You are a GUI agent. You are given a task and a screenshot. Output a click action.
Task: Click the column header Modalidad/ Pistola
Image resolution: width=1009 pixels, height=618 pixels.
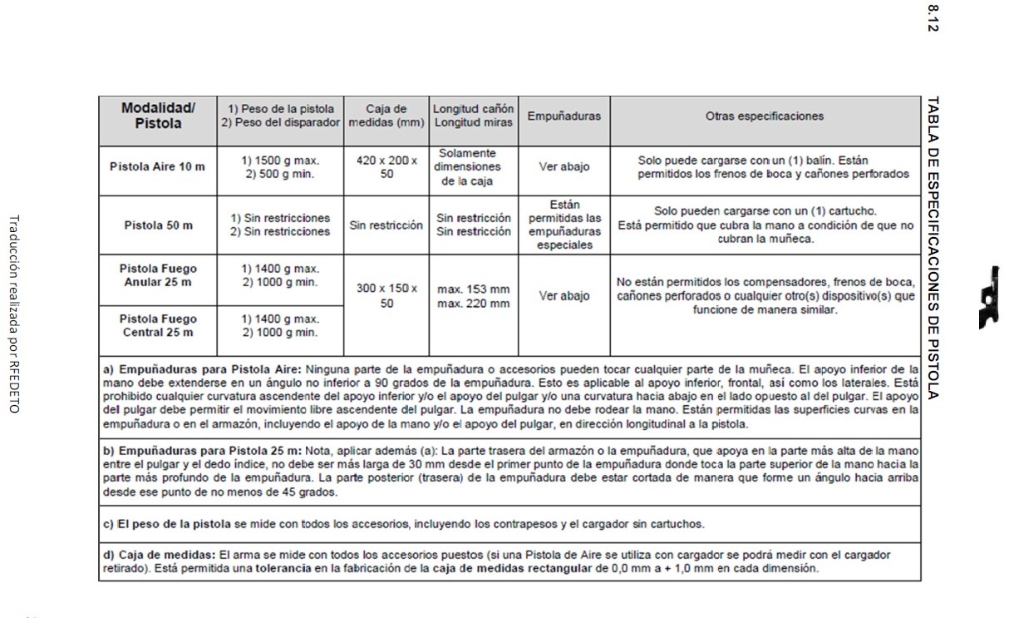point(158,116)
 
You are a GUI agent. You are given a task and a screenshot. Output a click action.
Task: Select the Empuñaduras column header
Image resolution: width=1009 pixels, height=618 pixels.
point(564,116)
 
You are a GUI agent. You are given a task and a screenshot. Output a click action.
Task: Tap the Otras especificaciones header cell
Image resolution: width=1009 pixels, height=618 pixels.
point(765,116)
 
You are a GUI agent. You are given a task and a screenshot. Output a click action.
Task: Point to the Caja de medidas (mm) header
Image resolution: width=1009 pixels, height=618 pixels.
point(386,116)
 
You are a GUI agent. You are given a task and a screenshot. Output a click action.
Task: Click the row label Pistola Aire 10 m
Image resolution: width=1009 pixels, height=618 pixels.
point(158,166)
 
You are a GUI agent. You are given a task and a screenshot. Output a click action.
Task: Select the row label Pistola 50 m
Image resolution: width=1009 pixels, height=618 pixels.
point(158,225)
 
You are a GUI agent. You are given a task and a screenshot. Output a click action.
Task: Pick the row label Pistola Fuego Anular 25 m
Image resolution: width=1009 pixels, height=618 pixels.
point(158,275)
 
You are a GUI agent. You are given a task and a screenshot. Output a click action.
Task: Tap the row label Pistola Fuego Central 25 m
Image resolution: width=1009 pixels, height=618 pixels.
point(158,325)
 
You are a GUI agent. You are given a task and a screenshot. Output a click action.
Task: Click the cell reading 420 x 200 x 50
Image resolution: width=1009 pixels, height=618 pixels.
point(386,166)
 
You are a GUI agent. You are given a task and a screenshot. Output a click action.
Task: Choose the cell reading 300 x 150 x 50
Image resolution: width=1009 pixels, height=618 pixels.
point(386,296)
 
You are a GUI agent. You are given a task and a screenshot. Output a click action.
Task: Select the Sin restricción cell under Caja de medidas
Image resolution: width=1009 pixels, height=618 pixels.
point(386,225)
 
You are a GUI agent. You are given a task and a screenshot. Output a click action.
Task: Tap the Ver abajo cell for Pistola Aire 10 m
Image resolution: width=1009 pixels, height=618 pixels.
point(564,166)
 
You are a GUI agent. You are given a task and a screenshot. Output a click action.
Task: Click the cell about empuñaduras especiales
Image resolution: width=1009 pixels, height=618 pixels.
point(564,225)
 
